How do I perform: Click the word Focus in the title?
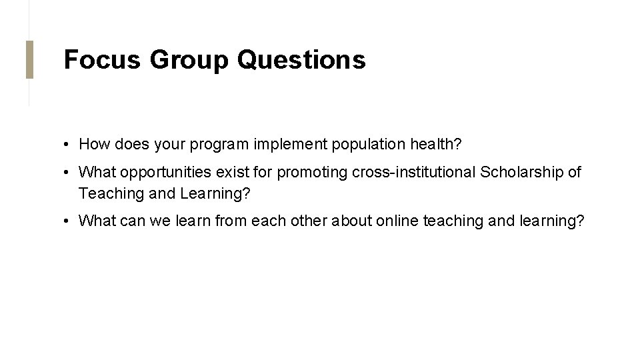(102, 59)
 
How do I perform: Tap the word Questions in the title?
(301, 59)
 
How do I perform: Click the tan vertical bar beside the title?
(29, 59)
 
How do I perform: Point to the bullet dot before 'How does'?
(68, 144)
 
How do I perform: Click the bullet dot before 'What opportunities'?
(68, 173)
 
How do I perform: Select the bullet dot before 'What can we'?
(68, 221)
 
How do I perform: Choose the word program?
(223, 145)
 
